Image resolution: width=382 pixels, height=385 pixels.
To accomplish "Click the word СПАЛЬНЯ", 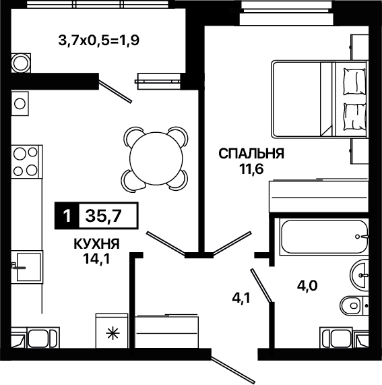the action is tap(251, 154).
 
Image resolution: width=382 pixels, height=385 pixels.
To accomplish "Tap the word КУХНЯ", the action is tap(96, 244).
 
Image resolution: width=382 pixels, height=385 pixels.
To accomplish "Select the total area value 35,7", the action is tap(103, 216).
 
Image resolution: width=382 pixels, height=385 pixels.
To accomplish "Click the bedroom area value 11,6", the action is tap(251, 169).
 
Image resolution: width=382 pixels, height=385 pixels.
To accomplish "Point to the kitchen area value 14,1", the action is tap(96, 258).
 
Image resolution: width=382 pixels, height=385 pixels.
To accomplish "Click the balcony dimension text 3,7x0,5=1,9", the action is tap(99, 40).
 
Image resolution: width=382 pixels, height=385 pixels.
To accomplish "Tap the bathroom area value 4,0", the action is tap(307, 286).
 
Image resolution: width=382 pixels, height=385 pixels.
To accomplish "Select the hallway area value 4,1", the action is tap(241, 298).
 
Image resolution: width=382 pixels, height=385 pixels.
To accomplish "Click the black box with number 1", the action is tap(67, 216).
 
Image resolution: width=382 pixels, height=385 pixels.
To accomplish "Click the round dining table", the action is tap(156, 158).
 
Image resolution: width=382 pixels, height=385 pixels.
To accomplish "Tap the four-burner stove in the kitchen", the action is tap(27, 161).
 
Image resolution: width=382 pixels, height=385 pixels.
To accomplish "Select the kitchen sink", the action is tap(27, 267).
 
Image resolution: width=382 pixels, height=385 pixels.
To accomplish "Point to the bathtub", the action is tap(324, 237).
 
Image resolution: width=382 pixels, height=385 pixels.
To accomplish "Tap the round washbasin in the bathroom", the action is tap(359, 274).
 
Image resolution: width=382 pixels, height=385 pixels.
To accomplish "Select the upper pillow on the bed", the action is tap(354, 82).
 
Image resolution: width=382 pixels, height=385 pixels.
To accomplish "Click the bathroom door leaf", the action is tap(261, 285).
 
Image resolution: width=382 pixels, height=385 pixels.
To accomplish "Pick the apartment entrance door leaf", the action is tap(233, 369).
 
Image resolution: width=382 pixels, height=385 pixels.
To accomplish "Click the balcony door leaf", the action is tap(115, 88).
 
